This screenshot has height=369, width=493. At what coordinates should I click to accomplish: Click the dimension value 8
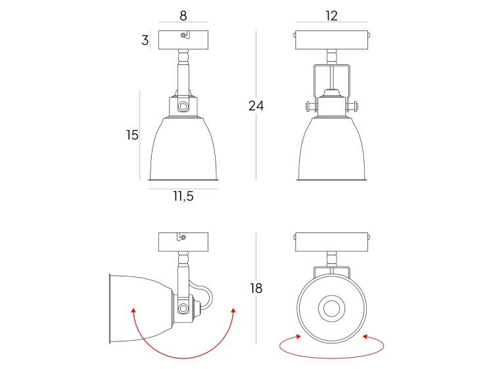coord(183,15)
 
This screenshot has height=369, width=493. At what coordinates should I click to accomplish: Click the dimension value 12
coord(332,15)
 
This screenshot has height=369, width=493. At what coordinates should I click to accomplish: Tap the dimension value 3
coord(145,40)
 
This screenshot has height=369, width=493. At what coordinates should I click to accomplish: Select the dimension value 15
coord(132,135)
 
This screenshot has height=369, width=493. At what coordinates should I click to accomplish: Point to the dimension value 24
coord(256,106)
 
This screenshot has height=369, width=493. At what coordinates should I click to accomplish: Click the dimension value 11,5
coord(183,196)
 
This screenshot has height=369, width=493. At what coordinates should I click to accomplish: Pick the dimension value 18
coord(256,288)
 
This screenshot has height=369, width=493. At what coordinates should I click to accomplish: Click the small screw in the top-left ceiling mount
coord(183,35)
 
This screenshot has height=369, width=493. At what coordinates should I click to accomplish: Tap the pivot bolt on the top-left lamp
coord(183,106)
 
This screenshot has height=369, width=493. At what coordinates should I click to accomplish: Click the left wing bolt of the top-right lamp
coord(311,106)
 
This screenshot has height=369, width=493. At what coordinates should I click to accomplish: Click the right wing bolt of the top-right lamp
coord(352,106)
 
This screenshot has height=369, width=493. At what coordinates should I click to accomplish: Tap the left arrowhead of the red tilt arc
coord(133,311)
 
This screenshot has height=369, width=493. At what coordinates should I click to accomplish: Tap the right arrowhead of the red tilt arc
coord(233,311)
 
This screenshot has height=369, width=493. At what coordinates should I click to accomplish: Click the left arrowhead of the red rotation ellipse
coord(298,336)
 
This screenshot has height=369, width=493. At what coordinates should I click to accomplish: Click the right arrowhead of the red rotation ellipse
coord(365,336)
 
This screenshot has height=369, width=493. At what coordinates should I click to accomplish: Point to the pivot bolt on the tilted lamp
coord(183,309)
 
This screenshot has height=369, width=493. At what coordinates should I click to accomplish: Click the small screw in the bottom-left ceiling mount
coord(183,237)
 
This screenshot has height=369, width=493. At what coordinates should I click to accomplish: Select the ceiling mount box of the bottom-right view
coord(332,242)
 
